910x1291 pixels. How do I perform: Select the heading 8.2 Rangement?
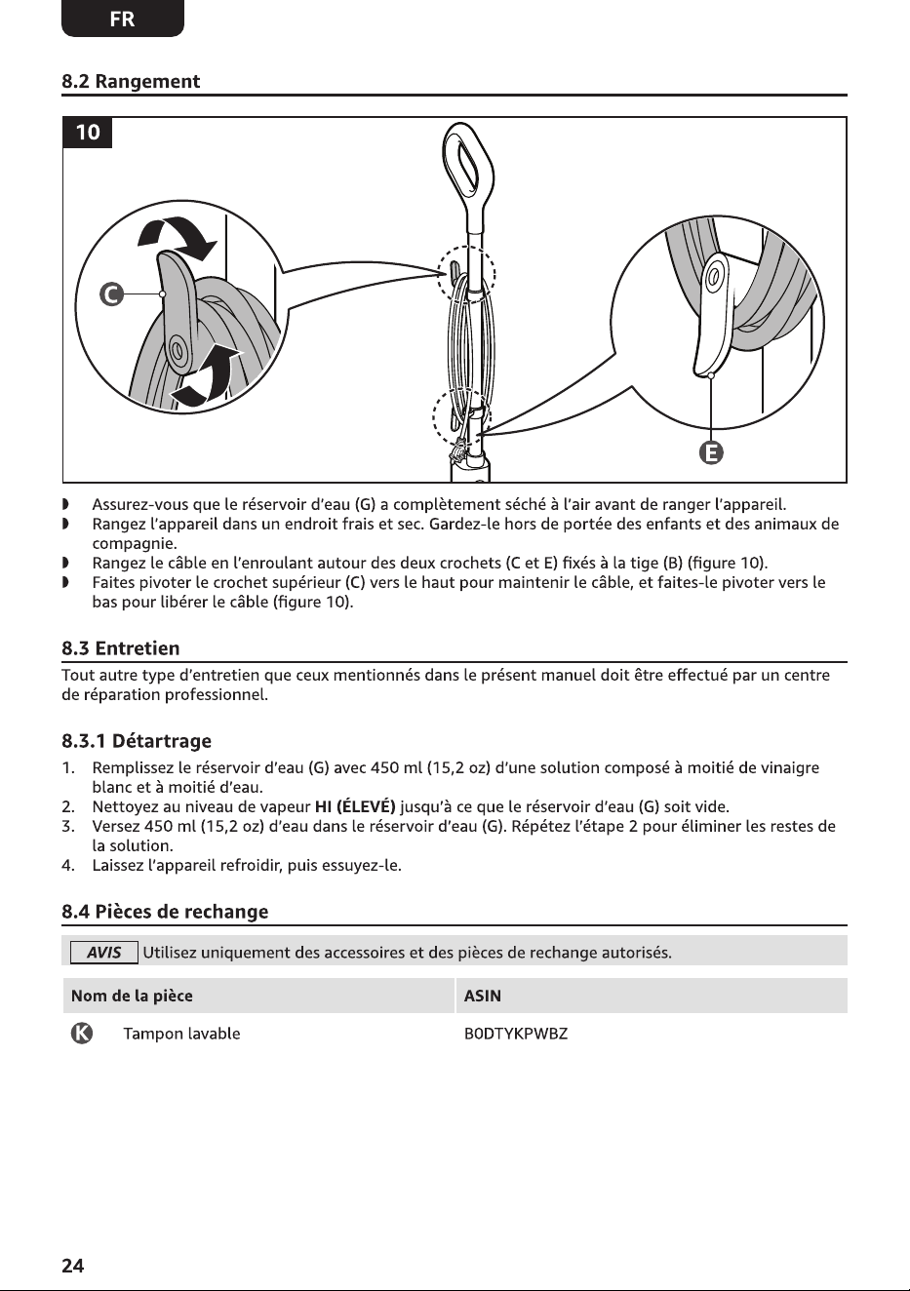[x=131, y=81]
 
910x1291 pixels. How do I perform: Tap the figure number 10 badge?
[x=88, y=133]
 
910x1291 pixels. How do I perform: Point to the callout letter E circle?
[x=711, y=452]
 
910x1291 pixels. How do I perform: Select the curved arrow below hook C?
[x=208, y=374]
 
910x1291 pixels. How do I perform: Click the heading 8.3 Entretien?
[x=121, y=648]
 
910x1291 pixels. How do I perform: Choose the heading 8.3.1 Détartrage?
[x=137, y=741]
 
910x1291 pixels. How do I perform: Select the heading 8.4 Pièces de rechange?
[x=165, y=911]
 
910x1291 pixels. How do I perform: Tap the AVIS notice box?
[x=103, y=952]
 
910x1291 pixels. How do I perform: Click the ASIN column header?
[x=482, y=996]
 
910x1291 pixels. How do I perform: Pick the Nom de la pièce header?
[x=132, y=996]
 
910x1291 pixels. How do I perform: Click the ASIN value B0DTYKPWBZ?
[x=516, y=1034]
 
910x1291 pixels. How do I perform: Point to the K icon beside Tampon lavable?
[x=81, y=1034]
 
